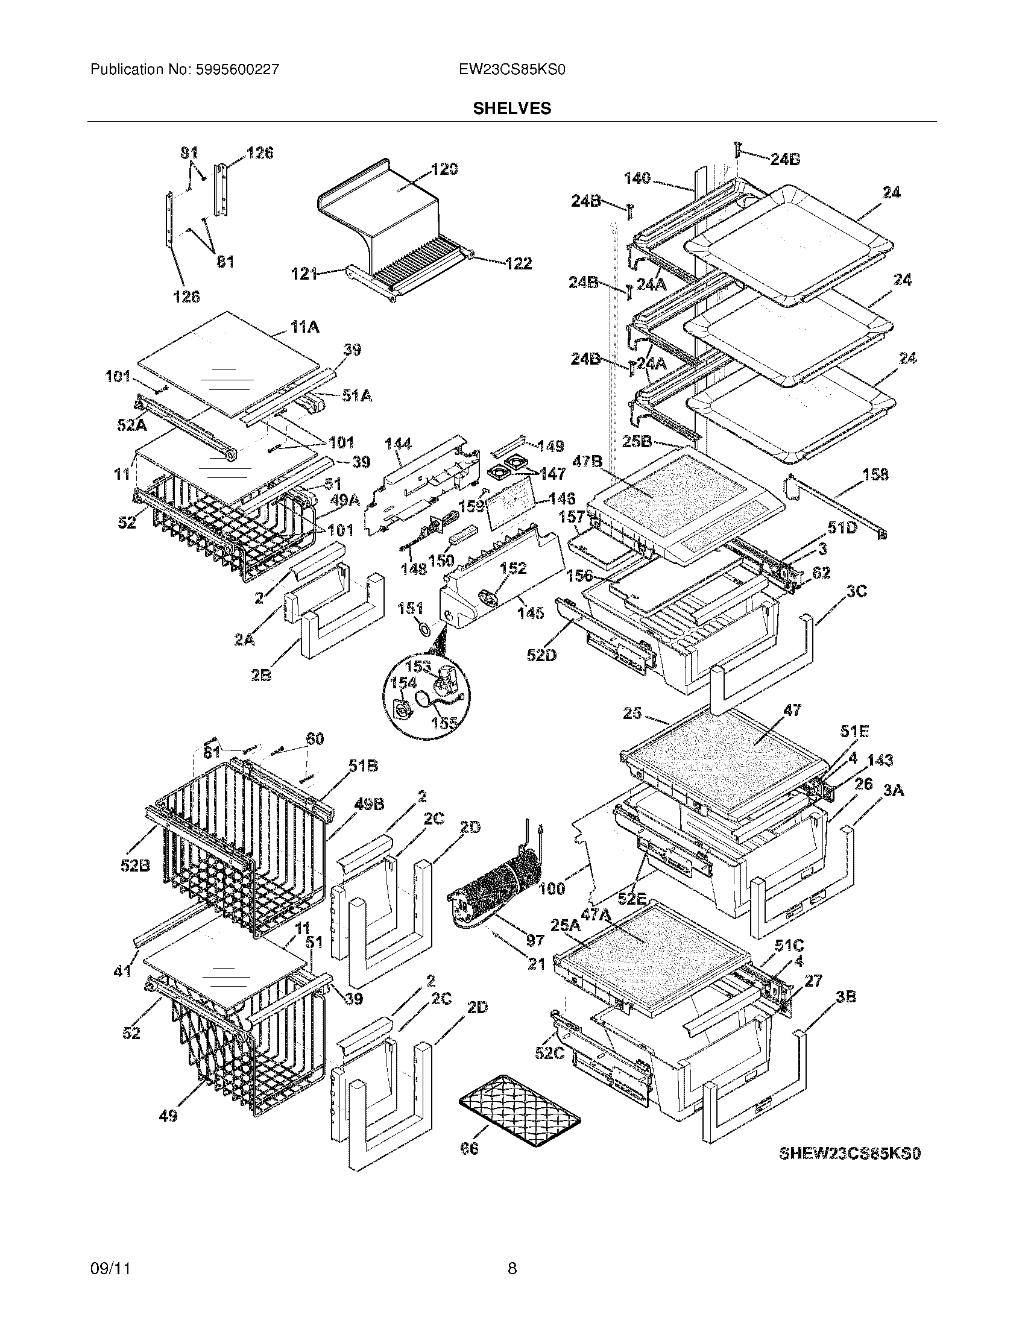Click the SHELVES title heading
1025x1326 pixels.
pos(512,108)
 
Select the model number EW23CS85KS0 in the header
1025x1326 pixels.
pos(512,70)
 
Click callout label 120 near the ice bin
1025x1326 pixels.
pos(444,169)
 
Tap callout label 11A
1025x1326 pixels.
pos(304,327)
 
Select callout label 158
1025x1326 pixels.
pos(874,474)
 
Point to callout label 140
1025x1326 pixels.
pos(637,178)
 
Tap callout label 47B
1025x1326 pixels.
pos(587,462)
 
